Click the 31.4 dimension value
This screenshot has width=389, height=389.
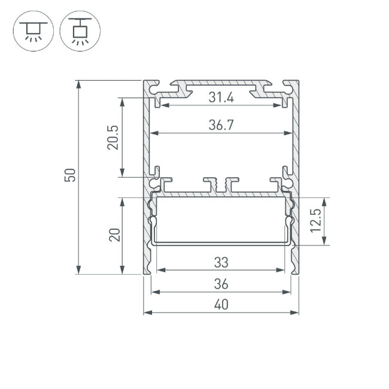221,97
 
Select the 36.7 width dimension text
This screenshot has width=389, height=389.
221,125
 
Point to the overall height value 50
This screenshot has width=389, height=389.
70,176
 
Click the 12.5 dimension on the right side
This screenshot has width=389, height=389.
317,221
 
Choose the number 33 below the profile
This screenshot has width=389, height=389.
221,262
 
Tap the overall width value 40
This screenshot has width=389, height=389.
221,305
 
